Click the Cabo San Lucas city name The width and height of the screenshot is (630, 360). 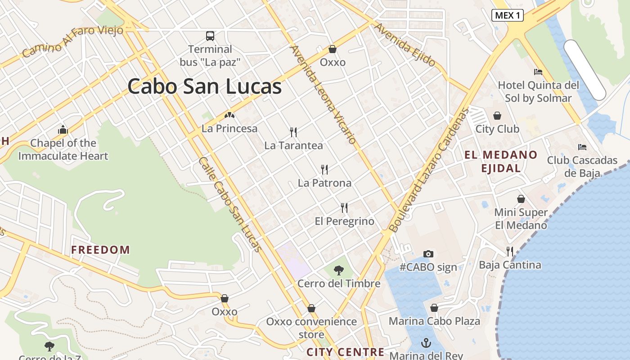204,86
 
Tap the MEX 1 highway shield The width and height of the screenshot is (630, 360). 507,15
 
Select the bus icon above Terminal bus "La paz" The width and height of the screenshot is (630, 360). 210,36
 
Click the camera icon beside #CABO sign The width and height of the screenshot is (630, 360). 428,254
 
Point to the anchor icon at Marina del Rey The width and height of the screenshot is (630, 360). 426,343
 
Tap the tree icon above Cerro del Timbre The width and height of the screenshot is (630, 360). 339,270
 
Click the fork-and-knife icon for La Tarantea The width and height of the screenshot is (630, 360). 293,132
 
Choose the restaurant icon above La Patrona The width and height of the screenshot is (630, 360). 324,169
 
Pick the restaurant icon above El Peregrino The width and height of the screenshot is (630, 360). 344,207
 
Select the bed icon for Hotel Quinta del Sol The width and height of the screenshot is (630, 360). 538,72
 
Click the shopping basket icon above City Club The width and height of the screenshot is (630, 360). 497,116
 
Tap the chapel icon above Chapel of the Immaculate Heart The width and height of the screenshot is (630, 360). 63,130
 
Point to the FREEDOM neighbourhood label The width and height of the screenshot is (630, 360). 100,250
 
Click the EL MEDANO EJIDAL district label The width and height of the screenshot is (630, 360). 501,162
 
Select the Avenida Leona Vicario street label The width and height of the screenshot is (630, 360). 323,94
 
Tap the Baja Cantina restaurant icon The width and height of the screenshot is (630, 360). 509,251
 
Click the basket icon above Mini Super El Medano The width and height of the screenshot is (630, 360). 521,199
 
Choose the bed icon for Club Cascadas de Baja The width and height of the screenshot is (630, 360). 582,147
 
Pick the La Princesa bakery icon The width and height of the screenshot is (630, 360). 229,115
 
